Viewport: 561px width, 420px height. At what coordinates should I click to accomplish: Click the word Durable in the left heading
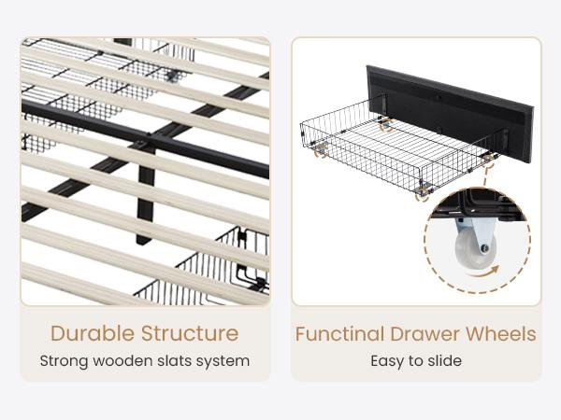92,333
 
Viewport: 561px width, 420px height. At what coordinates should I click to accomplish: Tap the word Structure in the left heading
190,333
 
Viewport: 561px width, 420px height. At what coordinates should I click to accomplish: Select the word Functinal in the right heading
339,334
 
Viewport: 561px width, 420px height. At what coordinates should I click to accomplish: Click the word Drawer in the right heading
424,334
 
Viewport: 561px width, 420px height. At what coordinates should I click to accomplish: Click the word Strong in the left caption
64,360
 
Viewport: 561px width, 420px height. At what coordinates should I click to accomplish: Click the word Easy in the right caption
387,361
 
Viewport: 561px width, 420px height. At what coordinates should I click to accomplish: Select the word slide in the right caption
445,360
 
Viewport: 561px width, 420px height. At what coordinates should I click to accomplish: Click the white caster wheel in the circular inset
475,249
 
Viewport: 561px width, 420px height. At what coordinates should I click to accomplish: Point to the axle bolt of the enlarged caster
484,248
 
